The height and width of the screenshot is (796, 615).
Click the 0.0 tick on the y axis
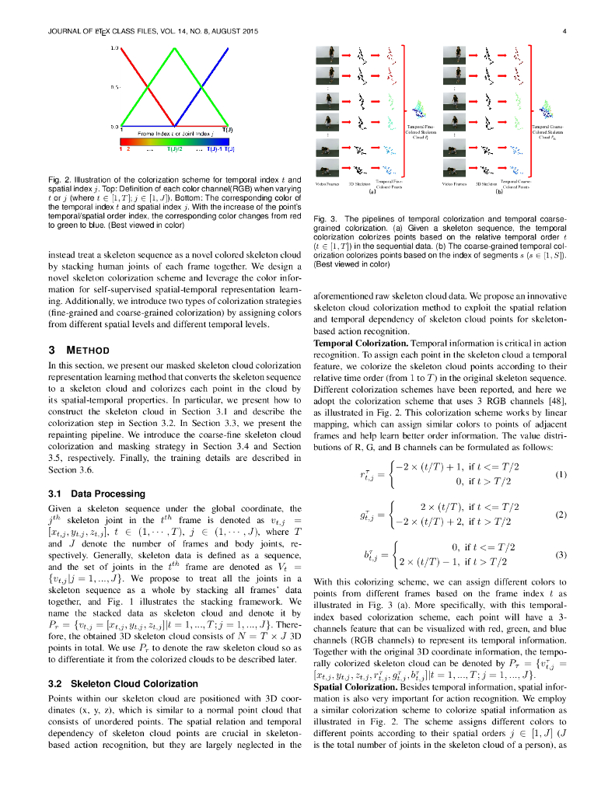click(114, 126)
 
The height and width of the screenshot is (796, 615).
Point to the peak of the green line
click(172, 48)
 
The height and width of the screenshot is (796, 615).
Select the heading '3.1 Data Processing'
click(96, 493)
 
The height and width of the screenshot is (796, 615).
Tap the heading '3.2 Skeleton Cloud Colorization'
click(121, 683)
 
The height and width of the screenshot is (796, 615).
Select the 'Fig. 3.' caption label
click(325, 218)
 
